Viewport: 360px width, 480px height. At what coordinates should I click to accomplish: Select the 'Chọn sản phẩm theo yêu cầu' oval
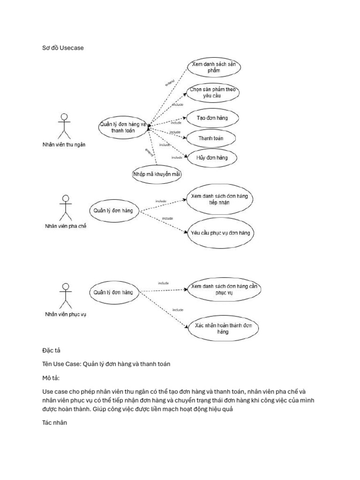tap(212, 92)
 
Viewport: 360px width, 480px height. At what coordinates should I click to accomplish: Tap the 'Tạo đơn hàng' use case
tap(212, 118)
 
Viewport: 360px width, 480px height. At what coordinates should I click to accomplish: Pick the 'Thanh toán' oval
tap(210, 138)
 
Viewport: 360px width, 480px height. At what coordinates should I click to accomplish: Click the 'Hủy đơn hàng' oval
tap(211, 158)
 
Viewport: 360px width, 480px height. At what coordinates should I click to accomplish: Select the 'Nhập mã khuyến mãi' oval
tap(157, 174)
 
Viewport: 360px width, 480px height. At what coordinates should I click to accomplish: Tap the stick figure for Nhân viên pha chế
tap(66, 208)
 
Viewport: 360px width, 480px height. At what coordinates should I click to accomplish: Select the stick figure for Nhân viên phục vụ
tap(66, 297)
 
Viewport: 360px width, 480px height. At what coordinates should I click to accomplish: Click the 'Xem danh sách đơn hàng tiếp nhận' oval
tap(219, 199)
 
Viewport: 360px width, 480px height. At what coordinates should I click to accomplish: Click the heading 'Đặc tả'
tap(51, 350)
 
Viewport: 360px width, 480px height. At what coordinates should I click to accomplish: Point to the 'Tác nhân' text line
tap(55, 423)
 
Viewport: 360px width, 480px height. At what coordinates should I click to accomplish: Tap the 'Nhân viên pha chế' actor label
tap(66, 226)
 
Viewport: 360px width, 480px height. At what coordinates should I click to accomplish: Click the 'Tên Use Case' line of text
tap(105, 364)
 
